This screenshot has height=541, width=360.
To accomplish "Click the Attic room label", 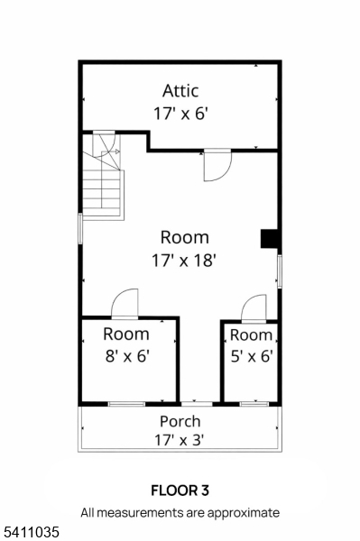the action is point(180,91).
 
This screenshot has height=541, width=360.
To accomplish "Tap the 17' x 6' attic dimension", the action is point(181,114).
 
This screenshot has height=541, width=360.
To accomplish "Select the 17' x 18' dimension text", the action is point(184,261).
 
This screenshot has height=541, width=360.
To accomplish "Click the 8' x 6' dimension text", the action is point(127,356).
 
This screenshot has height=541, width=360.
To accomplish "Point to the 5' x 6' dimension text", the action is point(252,356).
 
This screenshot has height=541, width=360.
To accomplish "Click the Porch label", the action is point(180,422).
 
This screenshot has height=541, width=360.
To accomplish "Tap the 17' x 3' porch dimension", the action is point(180,440).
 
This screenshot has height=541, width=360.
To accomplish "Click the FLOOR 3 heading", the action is point(180,491).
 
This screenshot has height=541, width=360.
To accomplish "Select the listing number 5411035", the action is point(30,532).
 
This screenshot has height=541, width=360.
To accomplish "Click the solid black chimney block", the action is point(270,239).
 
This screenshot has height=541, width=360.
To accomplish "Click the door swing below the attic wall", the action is point(217,166).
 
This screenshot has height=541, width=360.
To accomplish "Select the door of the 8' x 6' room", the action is point(125,303).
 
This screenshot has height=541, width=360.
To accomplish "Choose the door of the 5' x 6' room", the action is point(254,308).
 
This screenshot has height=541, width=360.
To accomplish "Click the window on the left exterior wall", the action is point(80,229).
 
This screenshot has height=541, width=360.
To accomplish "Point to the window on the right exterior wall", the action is point(280,271).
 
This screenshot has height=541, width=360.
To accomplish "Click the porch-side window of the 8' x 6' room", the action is point(126,404).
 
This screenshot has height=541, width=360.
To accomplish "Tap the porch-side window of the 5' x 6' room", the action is point(254,404).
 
